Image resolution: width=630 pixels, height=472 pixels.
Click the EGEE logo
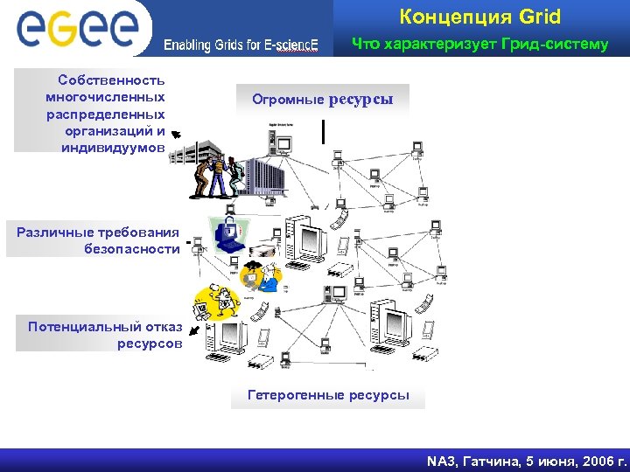[x=77, y=27]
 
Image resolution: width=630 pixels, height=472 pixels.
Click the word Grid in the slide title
[x=539, y=17]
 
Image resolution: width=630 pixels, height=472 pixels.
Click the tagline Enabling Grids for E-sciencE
[x=241, y=45]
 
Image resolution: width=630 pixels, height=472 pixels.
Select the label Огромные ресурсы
[x=323, y=100]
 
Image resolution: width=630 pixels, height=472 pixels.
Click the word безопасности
[x=132, y=248]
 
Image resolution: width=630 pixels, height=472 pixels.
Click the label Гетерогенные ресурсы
[x=328, y=395]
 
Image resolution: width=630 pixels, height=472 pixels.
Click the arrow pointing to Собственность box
[x=176, y=135]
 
